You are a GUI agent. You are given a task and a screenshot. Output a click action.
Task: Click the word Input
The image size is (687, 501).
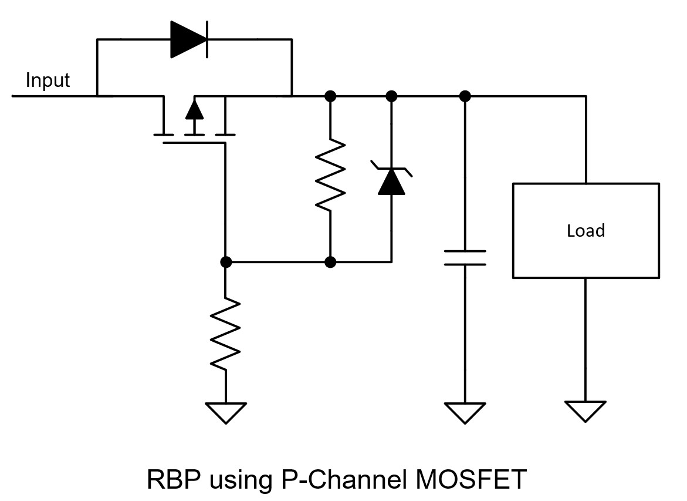[x=48, y=80]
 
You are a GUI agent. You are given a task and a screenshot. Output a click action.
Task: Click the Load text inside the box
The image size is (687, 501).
[x=586, y=230]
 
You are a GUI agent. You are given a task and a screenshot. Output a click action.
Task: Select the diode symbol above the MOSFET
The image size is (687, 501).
[x=189, y=39]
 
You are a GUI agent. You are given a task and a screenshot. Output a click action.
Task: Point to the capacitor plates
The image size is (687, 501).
[x=465, y=257]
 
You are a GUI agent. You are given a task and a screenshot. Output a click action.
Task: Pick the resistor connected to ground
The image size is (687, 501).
[x=225, y=334]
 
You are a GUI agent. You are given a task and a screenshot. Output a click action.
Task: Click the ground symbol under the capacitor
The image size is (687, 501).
[x=465, y=412]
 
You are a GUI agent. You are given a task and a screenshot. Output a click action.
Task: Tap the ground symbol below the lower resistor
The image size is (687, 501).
[x=225, y=412]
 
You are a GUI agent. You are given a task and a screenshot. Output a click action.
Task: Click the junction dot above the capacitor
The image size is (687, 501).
[x=465, y=95]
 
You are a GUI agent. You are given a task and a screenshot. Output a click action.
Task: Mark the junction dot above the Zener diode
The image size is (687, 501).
[x=391, y=95]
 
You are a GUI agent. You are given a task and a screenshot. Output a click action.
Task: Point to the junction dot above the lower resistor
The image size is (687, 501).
[x=225, y=262]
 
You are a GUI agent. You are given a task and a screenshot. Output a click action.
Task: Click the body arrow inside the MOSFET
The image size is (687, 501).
[x=194, y=110]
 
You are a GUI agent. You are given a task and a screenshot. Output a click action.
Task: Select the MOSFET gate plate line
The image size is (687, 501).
[x=194, y=143]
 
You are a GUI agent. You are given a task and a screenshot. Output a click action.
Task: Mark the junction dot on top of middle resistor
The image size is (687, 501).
[x=330, y=95]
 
